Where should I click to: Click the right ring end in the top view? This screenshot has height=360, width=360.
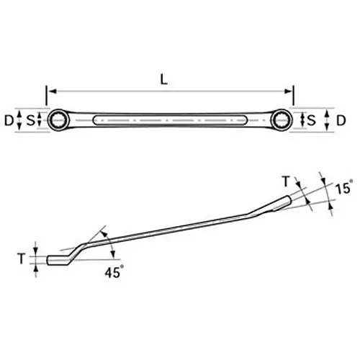pos(284,120)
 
